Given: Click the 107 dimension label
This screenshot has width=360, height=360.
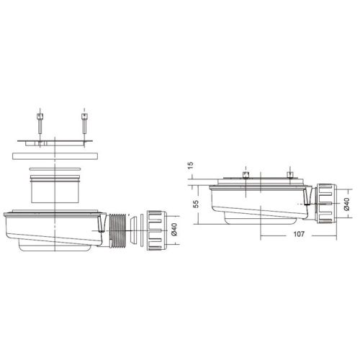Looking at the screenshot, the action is (299, 234).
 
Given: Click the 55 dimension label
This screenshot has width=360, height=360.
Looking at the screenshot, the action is (196, 204).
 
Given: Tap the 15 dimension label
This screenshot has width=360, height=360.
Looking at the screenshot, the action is (190, 166).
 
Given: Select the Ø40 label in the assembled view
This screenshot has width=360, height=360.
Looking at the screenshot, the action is (346, 204).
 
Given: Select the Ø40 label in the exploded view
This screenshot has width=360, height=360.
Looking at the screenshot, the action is (174, 230).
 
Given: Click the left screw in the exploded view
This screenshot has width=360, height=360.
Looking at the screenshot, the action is (40, 124).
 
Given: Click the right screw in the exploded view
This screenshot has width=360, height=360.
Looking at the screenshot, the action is (84, 124).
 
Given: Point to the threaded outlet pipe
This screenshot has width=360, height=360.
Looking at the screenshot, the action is (117, 230).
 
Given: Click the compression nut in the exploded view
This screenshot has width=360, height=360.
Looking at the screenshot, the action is (156, 230).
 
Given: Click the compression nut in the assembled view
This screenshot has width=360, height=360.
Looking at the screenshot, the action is (326, 204).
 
